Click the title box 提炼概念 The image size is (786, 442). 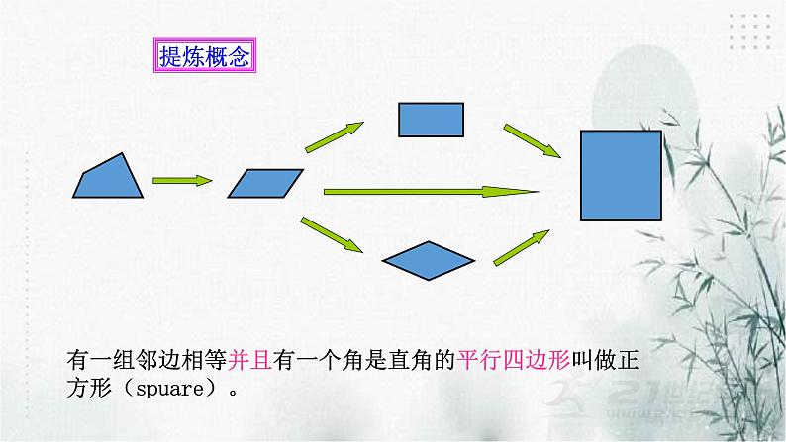tap(204, 56)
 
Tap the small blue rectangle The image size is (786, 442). tap(431, 119)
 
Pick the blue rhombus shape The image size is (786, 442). tap(428, 258)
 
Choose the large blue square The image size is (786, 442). tap(621, 174)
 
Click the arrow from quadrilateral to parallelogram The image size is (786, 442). tap(182, 181)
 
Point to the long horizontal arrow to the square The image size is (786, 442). tap(430, 190)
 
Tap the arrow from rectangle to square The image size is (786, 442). tap(532, 141)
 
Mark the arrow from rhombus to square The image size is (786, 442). tap(521, 248)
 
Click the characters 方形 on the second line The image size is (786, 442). tap(89, 387)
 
